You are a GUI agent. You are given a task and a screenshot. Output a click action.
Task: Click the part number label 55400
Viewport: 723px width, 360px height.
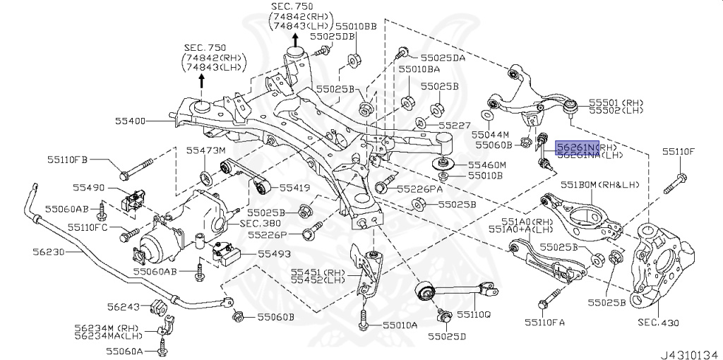[x=131, y=121]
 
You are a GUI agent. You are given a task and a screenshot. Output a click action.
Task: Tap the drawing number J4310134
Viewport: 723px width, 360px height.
[x=688, y=350]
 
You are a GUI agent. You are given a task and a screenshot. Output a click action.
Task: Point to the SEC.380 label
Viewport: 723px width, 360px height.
[x=258, y=222]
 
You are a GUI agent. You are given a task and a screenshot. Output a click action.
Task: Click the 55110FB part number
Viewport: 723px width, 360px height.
[x=68, y=160]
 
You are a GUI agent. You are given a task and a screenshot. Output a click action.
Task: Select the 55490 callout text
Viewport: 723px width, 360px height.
[x=88, y=188]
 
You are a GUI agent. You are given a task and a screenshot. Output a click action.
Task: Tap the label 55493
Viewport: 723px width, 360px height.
[x=273, y=253]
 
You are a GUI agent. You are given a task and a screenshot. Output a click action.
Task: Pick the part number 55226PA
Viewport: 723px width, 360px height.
[x=419, y=189]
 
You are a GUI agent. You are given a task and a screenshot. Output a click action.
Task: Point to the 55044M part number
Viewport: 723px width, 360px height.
[x=490, y=133]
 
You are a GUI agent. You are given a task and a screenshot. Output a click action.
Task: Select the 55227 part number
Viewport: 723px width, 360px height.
[x=453, y=125]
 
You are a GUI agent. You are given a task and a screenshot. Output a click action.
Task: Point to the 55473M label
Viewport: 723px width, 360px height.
[x=205, y=150]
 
